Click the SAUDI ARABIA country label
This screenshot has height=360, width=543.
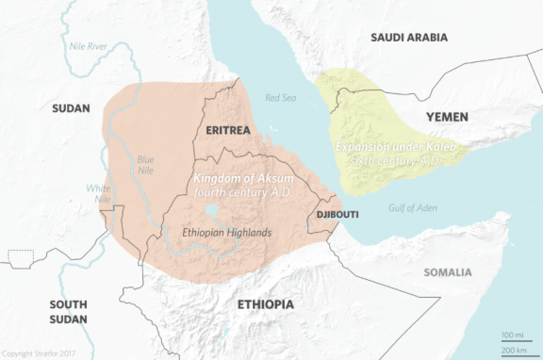[409, 38]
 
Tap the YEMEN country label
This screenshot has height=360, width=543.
[447, 116]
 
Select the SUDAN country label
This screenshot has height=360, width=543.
[71, 108]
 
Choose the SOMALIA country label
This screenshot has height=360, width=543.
[448, 272]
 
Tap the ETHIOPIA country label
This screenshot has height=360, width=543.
[265, 304]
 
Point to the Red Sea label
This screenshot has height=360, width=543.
[281, 97]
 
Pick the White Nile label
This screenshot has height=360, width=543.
[98, 194]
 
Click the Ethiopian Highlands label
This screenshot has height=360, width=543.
[227, 232]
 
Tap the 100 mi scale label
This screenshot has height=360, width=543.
[514, 335]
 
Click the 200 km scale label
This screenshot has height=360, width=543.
[514, 350]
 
